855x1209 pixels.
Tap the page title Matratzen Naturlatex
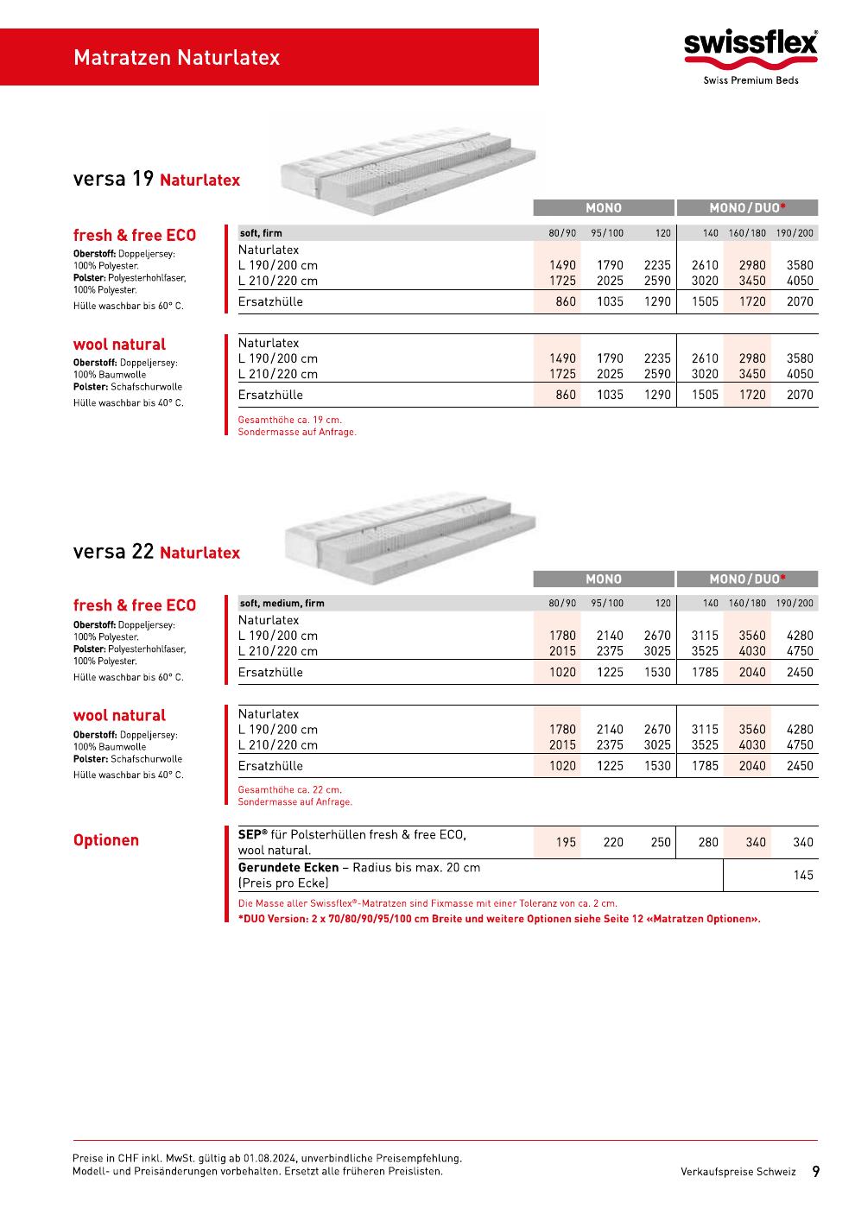pos(176,58)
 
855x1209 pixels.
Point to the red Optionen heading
pos(105,840)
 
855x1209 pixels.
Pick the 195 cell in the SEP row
pos(566,842)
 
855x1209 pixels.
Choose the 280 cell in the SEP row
pos(707,842)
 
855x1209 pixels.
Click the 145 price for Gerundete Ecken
pos(803,875)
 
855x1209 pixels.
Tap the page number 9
pos(815,1172)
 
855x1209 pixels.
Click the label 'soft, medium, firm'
pos(282,604)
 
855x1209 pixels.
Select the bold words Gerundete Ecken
pos(288,867)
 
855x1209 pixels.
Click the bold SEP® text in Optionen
pos(252,835)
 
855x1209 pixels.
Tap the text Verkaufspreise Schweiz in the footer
pos(738,1172)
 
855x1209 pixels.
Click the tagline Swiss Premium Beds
pos(750,80)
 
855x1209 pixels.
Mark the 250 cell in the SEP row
pos(661,842)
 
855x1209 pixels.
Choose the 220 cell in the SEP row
pos(613,842)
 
